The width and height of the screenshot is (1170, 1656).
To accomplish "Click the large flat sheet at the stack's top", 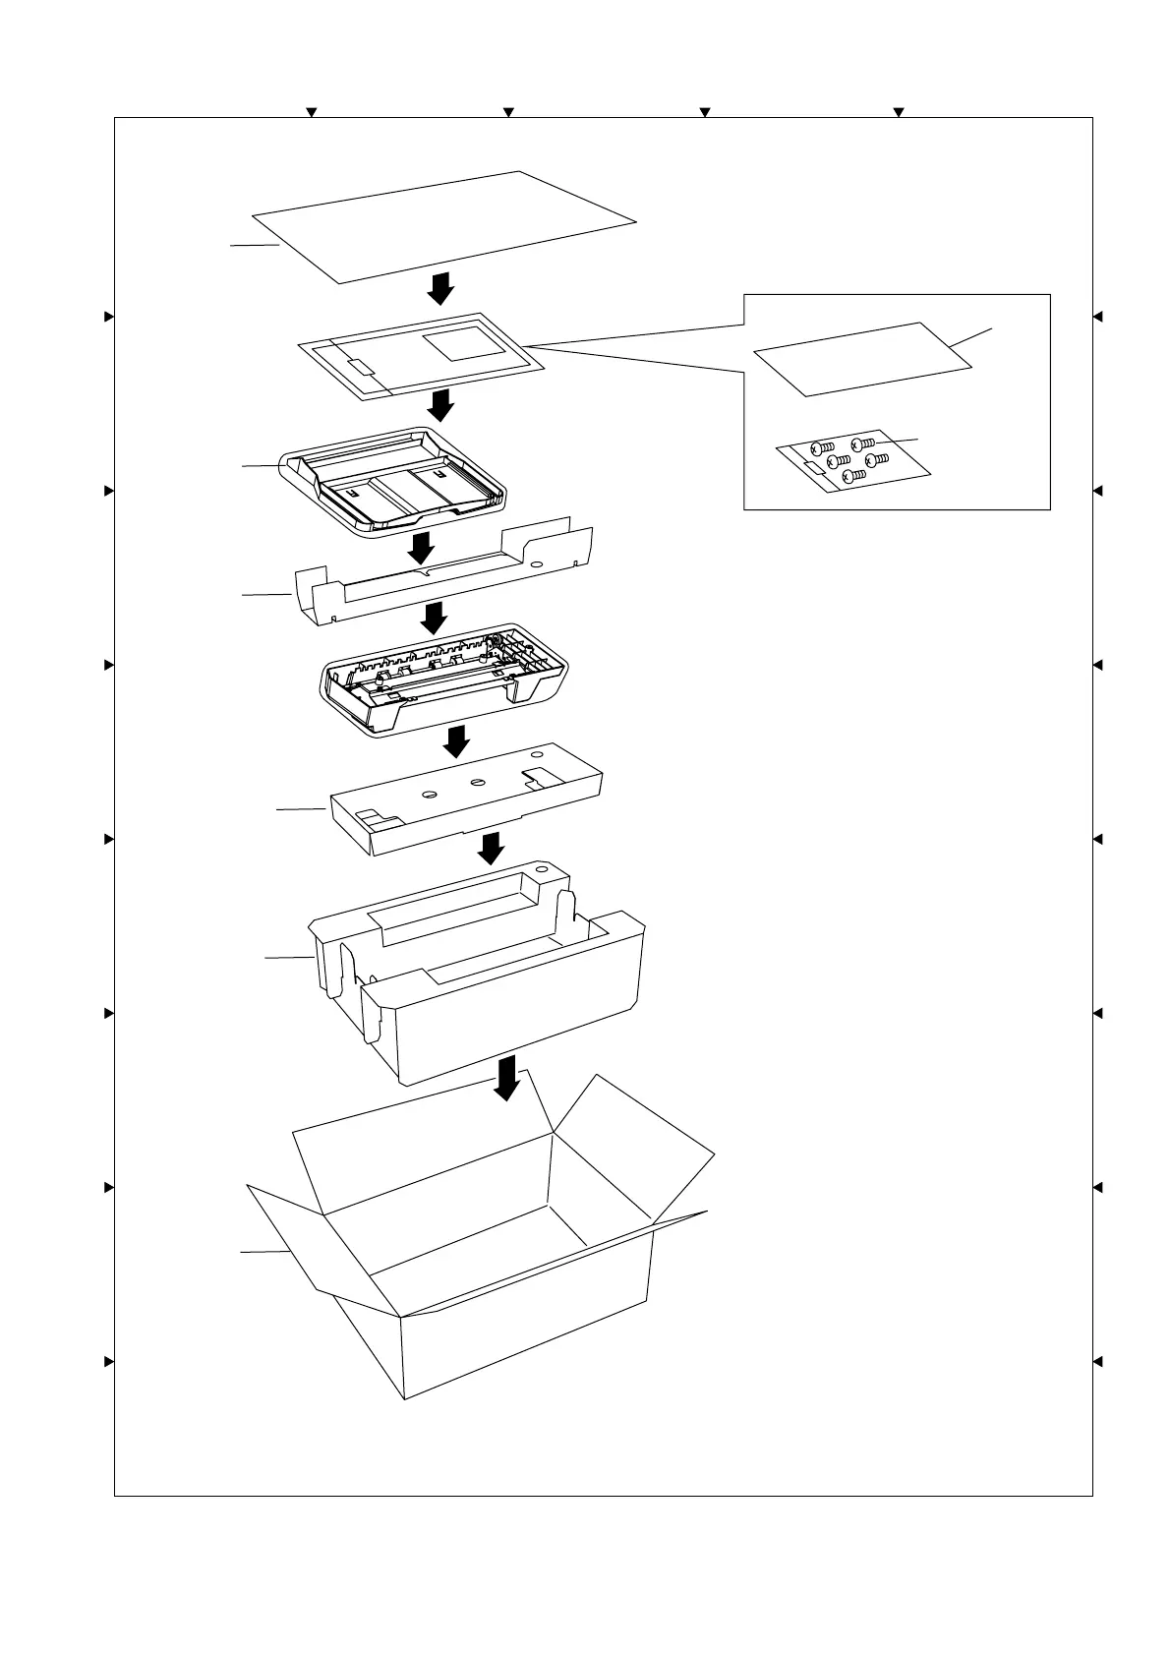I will [442, 227].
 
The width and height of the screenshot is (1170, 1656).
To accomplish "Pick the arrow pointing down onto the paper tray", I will [441, 404].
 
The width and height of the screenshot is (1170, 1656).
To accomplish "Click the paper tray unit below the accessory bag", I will [393, 482].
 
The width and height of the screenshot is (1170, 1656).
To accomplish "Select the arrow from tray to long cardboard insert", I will [423, 548].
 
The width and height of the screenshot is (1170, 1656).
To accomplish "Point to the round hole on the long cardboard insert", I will [536, 565].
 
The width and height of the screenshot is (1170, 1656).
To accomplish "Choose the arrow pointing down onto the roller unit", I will [433, 618].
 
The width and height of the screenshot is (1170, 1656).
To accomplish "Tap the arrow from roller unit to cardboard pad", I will [456, 741].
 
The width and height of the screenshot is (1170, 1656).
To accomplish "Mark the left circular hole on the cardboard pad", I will [429, 794].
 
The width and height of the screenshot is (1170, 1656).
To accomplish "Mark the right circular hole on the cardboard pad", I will [478, 783].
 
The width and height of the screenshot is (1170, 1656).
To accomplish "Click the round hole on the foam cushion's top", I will [541, 870].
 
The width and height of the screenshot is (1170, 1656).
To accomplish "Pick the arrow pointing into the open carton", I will [506, 1078].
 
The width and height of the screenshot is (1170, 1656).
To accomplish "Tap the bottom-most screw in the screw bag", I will [854, 475].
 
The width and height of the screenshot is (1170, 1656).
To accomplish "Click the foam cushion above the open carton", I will [492, 993].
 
